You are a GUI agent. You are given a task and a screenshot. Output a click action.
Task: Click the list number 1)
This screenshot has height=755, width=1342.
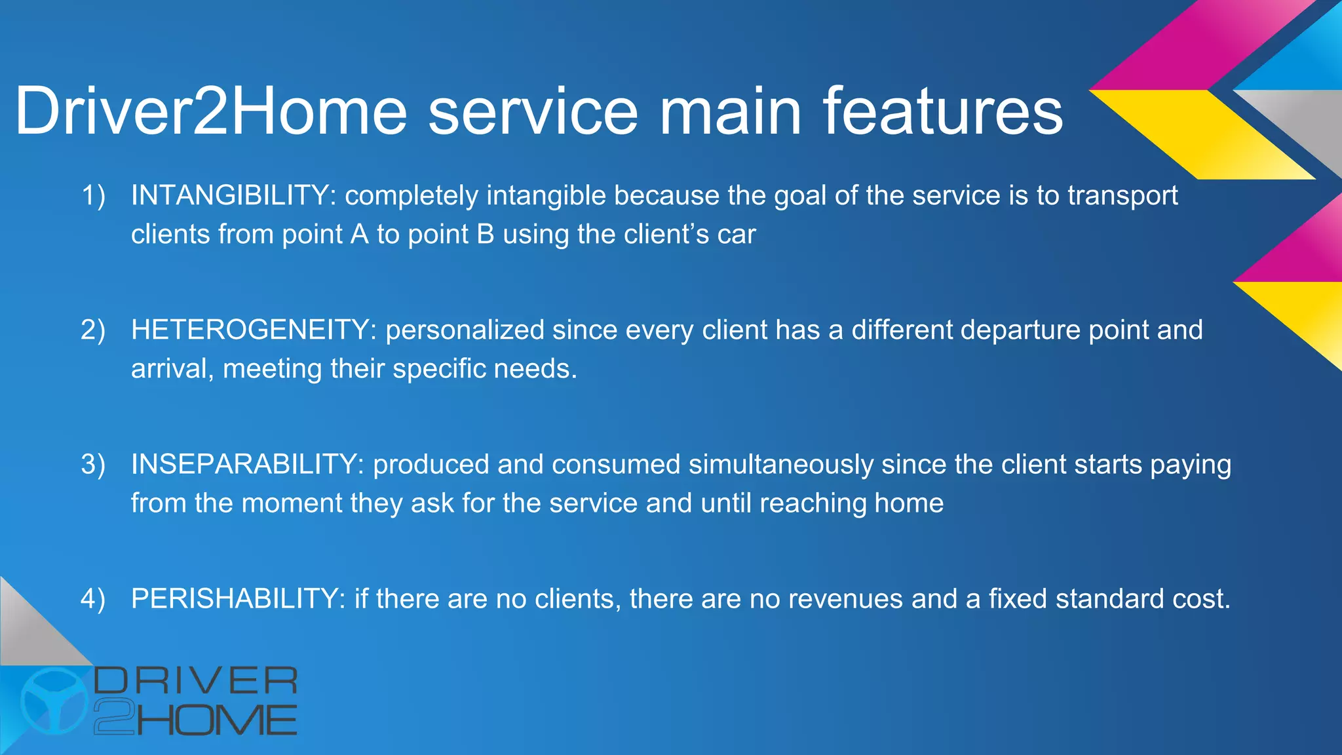(x=93, y=195)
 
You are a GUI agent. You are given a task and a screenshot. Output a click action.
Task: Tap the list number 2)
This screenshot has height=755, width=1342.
(x=93, y=330)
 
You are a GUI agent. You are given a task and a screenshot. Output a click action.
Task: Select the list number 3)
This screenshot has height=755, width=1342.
(x=93, y=464)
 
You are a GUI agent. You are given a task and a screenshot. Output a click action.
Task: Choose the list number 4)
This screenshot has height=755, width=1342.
(x=93, y=598)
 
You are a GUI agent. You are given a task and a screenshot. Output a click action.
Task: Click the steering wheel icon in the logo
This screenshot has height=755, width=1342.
(x=54, y=701)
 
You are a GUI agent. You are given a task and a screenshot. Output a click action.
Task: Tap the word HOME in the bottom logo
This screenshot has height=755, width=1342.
(x=217, y=720)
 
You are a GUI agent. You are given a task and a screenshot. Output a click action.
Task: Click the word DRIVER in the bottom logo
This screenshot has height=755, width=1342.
(x=196, y=681)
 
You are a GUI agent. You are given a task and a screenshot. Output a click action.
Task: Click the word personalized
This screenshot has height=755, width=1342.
(x=465, y=330)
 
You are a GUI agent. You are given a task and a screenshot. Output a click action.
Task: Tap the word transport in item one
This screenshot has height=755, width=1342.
(x=1122, y=195)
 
